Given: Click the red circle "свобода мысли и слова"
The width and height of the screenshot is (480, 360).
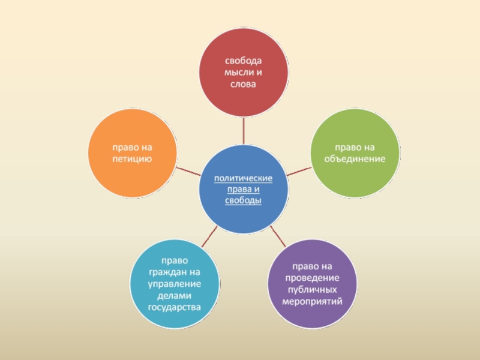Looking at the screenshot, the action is pyautogui.click(x=244, y=73).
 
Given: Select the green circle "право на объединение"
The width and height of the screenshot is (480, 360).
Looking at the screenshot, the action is pyautogui.click(x=355, y=155).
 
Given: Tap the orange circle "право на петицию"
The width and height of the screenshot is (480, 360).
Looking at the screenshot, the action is pyautogui.click(x=133, y=153).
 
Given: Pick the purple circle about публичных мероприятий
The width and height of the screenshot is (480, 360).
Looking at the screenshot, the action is pyautogui.click(x=311, y=283).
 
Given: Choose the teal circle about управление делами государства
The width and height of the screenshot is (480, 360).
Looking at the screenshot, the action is pyautogui.click(x=175, y=284).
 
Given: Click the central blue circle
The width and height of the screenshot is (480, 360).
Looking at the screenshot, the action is pyautogui.click(x=244, y=190).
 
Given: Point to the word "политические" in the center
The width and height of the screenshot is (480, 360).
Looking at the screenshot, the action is pyautogui.click(x=244, y=178).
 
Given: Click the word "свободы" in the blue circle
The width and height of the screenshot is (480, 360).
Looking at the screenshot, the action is pyautogui.click(x=244, y=201).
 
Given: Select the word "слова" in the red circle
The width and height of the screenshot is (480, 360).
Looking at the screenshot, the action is pyautogui.click(x=244, y=85).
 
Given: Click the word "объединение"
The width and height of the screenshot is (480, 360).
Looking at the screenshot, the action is pyautogui.click(x=355, y=161).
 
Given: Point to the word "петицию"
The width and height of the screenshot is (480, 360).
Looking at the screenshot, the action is pyautogui.click(x=133, y=159).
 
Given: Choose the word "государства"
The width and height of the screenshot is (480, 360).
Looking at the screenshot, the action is pyautogui.click(x=175, y=307).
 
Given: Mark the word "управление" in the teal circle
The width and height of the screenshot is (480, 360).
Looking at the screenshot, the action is pyautogui.click(x=175, y=284).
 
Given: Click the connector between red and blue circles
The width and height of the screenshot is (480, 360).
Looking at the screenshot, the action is pyautogui.click(x=244, y=131).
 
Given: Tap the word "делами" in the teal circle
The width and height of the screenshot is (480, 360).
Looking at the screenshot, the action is pyautogui.click(x=175, y=296).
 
